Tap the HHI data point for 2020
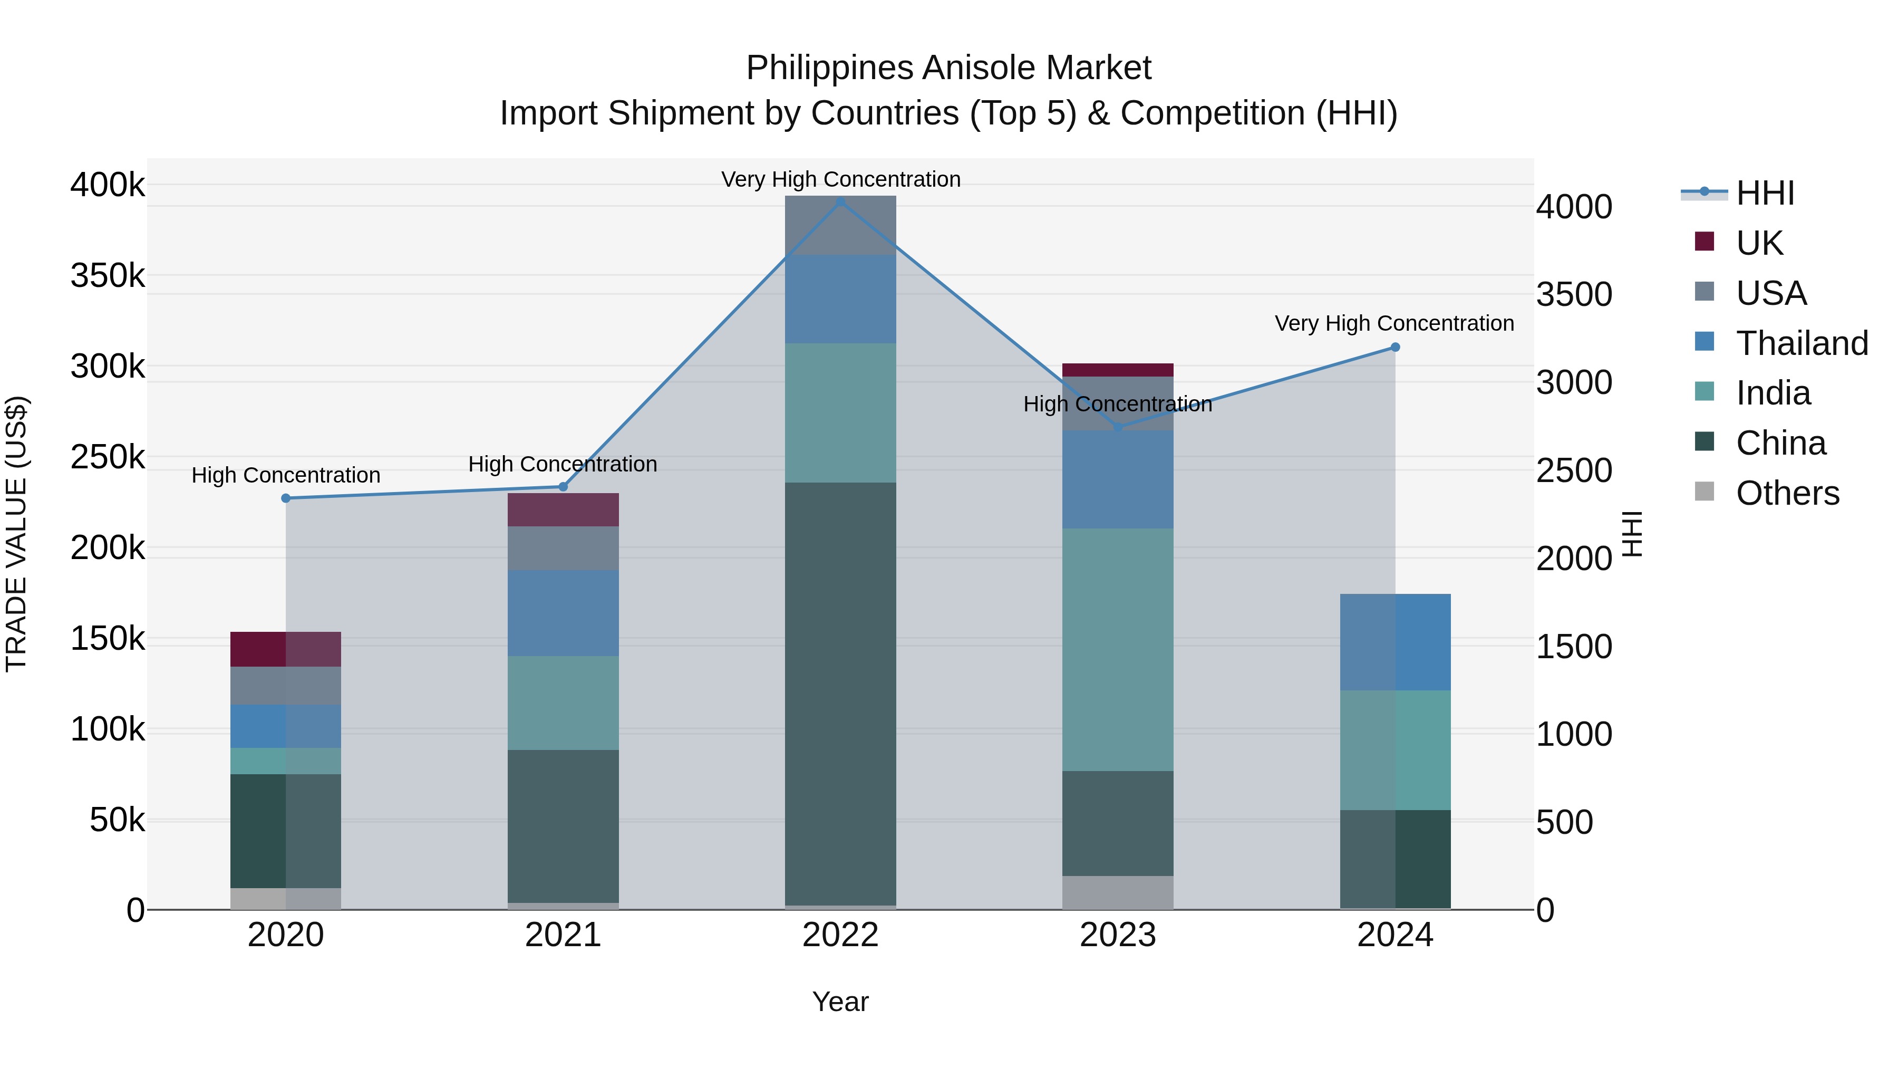coord(286,498)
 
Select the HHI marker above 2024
coord(1395,347)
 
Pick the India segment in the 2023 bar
coord(1118,649)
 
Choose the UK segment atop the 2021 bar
coord(563,509)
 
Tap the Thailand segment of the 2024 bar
coord(1395,641)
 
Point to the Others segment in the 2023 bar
coord(1118,892)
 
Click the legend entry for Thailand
coord(1802,343)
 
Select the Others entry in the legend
coord(1787,493)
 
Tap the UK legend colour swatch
coord(1704,242)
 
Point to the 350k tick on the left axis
coord(108,276)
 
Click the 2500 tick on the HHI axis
coord(1574,470)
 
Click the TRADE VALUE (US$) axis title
coord(16,534)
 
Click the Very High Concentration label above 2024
coord(1394,324)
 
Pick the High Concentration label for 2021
coord(563,464)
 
